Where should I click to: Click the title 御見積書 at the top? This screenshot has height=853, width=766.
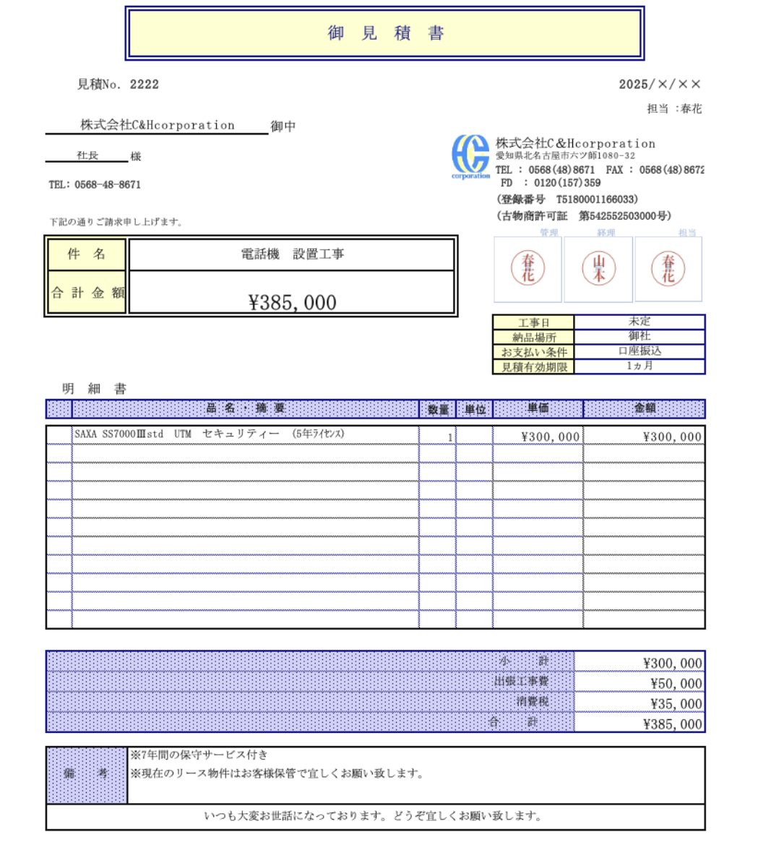pos(384,33)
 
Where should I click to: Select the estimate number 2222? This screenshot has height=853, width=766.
pos(145,85)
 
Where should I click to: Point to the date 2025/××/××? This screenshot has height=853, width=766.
pos(659,85)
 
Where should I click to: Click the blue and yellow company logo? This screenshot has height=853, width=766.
pos(470,156)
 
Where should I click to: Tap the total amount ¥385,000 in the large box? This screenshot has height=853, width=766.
pos(292,302)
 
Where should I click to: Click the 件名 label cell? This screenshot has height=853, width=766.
pos(87,254)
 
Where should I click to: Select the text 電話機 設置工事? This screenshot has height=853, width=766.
pos(292,254)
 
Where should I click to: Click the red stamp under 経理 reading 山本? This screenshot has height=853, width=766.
pos(598,268)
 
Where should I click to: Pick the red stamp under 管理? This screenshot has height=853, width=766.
pos(528,268)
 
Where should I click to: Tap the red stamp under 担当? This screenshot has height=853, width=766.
pos(668,268)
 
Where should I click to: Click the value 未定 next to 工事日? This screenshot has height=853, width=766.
pos(640,322)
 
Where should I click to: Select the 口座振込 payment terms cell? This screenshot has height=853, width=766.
pos(640,351)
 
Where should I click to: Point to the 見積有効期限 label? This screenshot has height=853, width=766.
pos(534,367)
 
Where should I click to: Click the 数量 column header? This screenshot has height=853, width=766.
pos(438,409)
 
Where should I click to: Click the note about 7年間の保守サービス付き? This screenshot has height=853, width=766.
pos(199,755)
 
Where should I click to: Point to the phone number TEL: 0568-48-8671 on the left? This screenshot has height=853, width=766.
pos(95,185)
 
